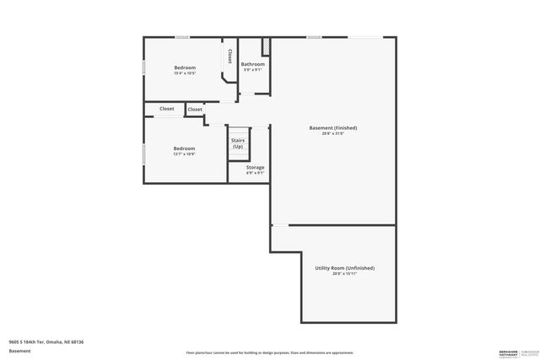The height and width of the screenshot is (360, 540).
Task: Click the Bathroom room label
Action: [x=253, y=64]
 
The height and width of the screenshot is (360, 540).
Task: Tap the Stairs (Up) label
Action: [x=238, y=143]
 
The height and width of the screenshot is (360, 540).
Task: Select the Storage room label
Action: [x=255, y=167]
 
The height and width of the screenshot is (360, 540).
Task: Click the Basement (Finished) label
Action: [x=333, y=127]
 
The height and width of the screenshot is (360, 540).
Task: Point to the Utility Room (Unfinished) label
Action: [x=344, y=267]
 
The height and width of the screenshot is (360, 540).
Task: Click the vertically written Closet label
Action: [x=229, y=56]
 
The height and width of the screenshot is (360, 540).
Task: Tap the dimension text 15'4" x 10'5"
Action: [x=185, y=73]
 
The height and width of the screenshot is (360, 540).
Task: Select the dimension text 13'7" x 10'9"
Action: [x=184, y=154]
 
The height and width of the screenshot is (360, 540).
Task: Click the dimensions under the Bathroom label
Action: [x=253, y=70]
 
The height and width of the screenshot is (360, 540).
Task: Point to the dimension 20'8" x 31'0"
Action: [x=333, y=133]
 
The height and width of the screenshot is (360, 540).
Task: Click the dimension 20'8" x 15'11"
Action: [x=344, y=273]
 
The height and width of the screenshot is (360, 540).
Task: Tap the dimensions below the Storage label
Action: [x=255, y=173]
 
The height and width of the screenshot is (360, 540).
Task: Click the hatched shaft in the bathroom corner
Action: [x=265, y=46]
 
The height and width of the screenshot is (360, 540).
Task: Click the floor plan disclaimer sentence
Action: [x=270, y=352]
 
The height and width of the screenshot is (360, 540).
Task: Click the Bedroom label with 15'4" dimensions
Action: [x=185, y=67]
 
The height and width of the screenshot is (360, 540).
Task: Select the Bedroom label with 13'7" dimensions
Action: [x=184, y=148]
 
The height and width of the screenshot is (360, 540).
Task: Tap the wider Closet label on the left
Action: [x=167, y=109]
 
